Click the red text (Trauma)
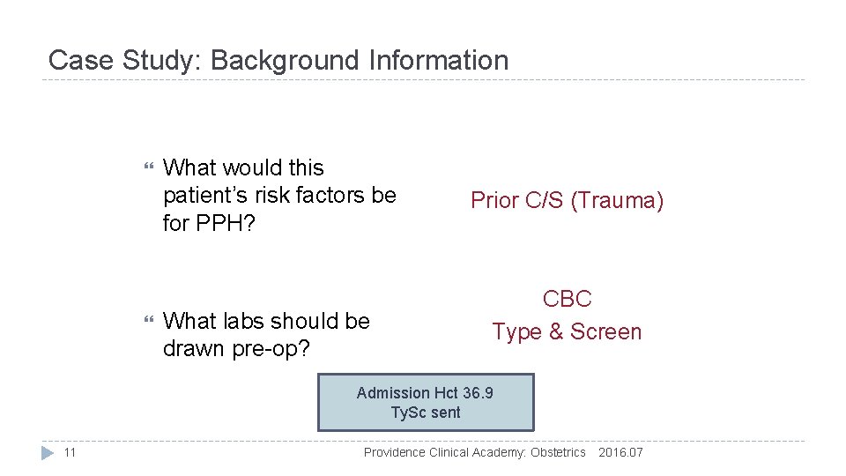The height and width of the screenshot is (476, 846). pos(617,201)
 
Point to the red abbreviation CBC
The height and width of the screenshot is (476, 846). pos(567,300)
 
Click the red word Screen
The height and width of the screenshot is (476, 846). pos(606,332)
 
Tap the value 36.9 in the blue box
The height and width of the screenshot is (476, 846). pos(477,393)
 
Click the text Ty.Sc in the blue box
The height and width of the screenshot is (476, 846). pos(407,413)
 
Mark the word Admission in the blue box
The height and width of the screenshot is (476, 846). pos(394,393)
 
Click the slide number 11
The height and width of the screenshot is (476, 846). pos(70,453)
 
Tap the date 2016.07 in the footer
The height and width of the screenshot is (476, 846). pos(620,453)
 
